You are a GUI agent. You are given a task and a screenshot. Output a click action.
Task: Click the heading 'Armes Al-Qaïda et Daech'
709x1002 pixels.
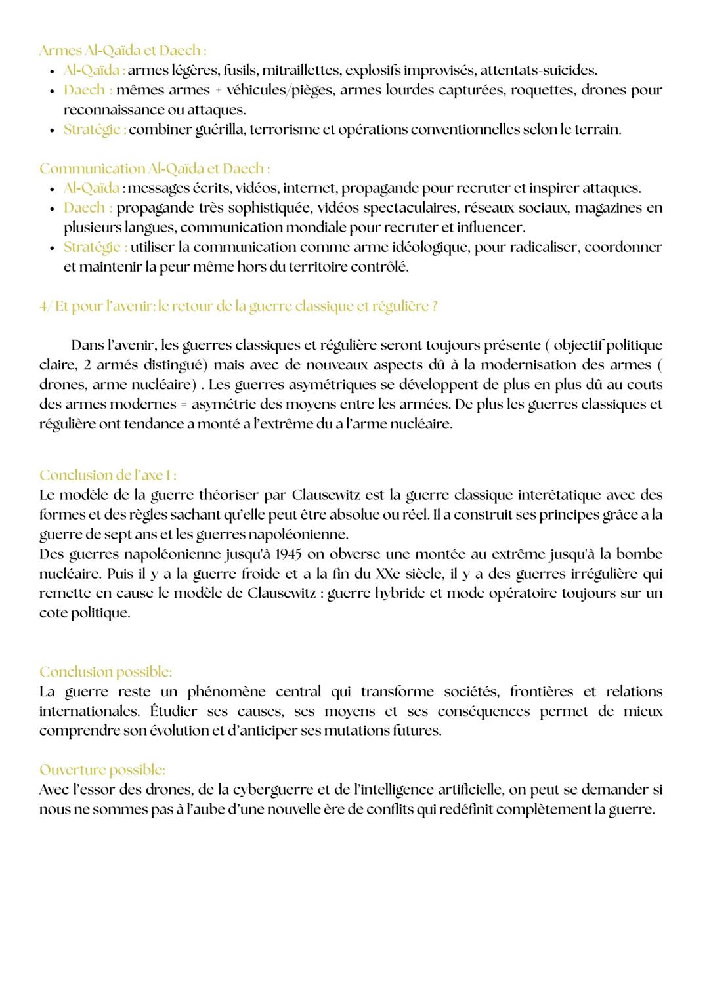[123, 51]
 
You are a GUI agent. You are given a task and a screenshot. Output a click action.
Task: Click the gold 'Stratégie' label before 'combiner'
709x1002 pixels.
[95, 129]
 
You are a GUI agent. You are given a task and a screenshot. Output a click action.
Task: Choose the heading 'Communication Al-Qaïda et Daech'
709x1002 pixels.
[154, 169]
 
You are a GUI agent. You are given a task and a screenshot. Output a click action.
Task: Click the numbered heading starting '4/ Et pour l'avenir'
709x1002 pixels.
[238, 306]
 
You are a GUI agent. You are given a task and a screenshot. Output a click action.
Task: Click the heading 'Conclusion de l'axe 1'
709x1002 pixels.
[108, 475]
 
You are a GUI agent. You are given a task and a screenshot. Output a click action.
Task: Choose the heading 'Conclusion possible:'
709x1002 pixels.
[106, 672]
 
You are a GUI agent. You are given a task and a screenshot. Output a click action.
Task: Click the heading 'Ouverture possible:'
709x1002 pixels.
[102, 770]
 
